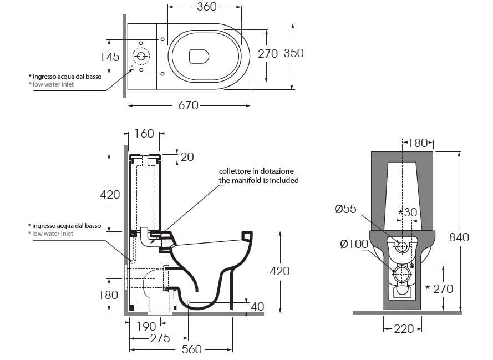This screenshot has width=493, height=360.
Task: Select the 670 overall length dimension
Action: pyautogui.click(x=188, y=105)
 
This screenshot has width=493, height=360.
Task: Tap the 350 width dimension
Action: pyautogui.click(x=293, y=53)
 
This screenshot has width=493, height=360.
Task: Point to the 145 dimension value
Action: pyautogui.click(x=110, y=56)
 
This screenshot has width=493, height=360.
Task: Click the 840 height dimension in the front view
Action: pyautogui.click(x=459, y=237)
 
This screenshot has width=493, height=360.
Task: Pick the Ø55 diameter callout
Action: pyautogui.click(x=345, y=209)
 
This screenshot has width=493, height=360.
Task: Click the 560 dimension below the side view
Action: pyautogui.click(x=191, y=349)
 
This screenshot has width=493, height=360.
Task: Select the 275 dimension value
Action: pyautogui.click(x=160, y=338)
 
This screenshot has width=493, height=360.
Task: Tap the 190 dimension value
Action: pyautogui.click(x=146, y=327)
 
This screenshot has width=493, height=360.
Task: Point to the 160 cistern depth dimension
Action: pyautogui.click(x=144, y=134)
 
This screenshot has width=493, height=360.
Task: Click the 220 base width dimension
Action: pyautogui.click(x=403, y=329)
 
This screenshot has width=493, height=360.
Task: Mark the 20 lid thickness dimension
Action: pyautogui.click(x=187, y=157)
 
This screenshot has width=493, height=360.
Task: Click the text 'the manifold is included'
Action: pyautogui.click(x=258, y=180)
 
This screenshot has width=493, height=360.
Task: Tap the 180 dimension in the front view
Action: pyautogui.click(x=418, y=143)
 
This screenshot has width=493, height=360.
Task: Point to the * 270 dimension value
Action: pyautogui.click(x=439, y=288)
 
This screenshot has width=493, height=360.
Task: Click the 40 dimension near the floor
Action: pyautogui.click(x=257, y=306)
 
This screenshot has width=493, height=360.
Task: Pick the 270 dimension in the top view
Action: pyautogui.click(x=268, y=53)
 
